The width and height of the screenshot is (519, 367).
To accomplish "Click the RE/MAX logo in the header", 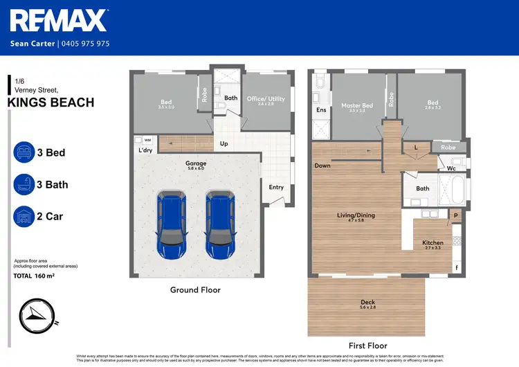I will point(60,21).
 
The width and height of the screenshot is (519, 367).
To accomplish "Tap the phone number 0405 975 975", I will point(84,44).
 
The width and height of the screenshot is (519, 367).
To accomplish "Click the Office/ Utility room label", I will point(266,100).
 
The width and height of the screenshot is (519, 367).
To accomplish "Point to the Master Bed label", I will point(357,107).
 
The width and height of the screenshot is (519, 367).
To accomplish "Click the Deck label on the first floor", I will point(367,303).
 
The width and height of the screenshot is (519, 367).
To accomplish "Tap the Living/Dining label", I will point(356,216).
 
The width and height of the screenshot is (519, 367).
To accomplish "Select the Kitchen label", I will point(432,243).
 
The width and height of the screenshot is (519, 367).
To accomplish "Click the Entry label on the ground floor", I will point(276,187).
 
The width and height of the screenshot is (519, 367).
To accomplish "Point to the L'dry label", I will point(145,150).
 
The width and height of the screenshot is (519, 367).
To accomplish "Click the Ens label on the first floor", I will point(321,110).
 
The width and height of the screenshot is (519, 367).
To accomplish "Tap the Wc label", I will point(451,168).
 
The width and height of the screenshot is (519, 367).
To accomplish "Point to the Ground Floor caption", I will point(195,290).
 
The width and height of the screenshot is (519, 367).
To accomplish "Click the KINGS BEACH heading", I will point(51,103).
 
